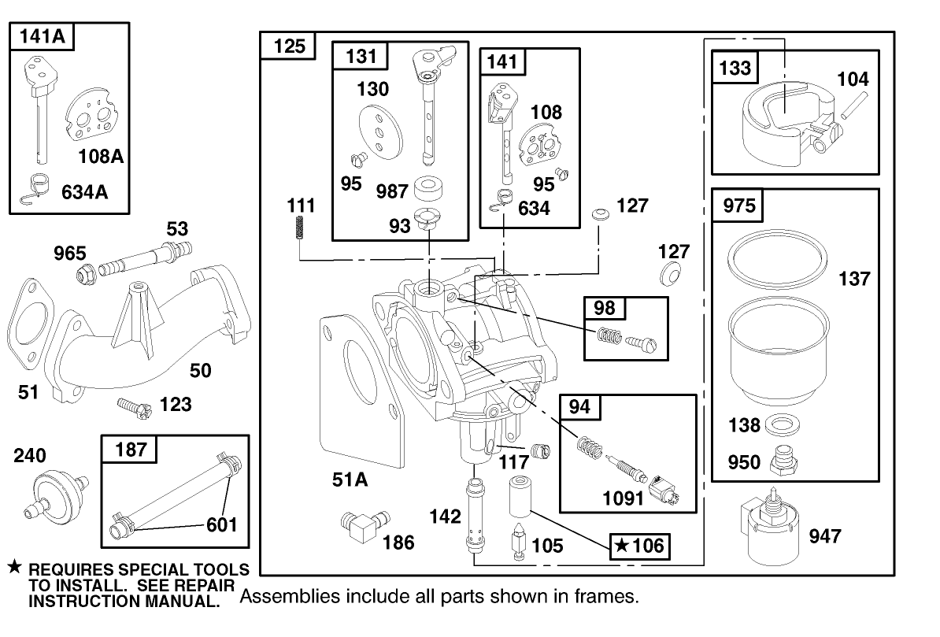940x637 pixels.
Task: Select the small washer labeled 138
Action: click(x=779, y=424)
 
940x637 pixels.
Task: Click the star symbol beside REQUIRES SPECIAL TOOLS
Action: click(x=13, y=567)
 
